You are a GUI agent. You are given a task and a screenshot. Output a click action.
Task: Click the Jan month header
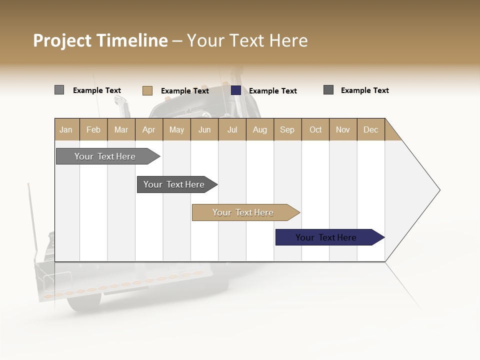click(66, 129)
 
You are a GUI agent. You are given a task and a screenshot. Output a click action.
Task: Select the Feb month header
click(93, 129)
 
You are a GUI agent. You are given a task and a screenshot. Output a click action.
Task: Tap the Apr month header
click(148, 129)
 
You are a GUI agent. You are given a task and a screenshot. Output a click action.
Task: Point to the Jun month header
click(204, 129)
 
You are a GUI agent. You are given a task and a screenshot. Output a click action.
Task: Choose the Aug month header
click(259, 129)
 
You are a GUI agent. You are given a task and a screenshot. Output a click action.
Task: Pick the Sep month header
click(287, 129)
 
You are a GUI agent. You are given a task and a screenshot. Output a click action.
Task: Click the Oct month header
click(315, 129)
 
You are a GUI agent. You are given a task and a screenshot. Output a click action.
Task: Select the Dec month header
click(370, 129)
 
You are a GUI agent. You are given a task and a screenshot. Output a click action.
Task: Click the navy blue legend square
click(236, 90)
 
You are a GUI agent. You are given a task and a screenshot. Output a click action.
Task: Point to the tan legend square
click(147, 90)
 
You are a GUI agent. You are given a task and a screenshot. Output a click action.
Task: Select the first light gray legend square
click(59, 90)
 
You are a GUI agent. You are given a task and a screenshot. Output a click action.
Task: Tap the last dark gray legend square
click(328, 90)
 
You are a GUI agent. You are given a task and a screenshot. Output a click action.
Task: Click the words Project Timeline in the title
click(100, 40)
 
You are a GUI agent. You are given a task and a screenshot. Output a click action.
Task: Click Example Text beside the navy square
click(273, 91)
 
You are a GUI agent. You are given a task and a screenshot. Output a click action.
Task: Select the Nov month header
click(343, 129)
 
